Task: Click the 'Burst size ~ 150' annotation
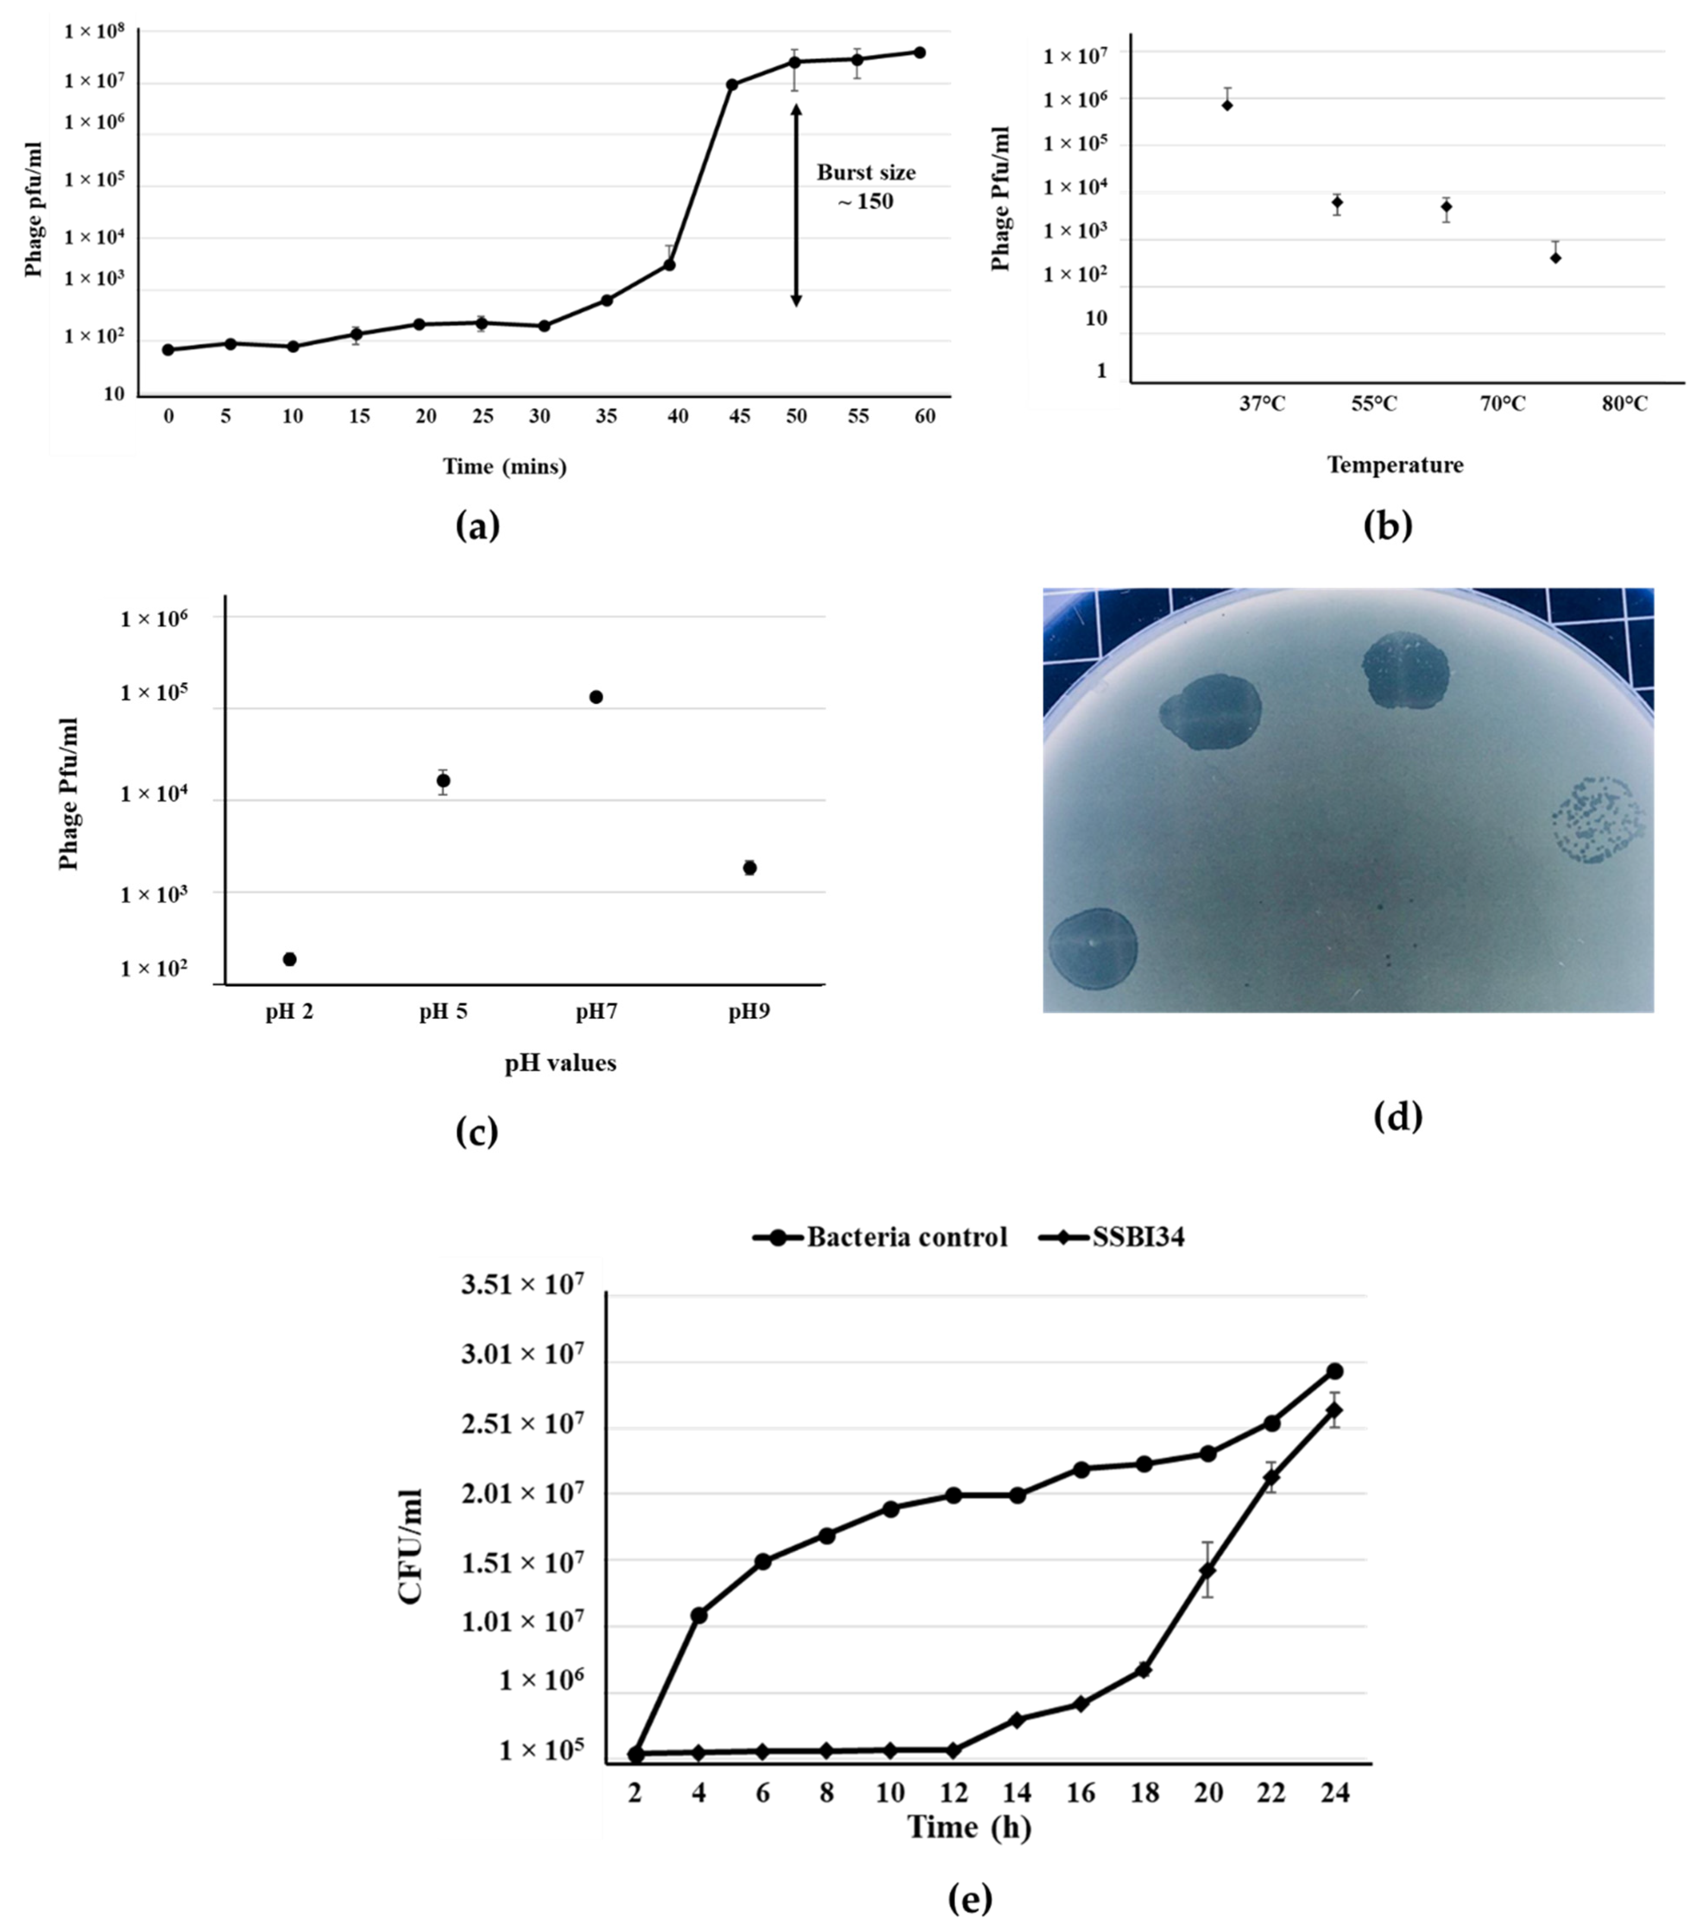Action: pyautogui.click(x=865, y=187)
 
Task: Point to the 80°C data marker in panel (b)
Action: pyautogui.click(x=1555, y=258)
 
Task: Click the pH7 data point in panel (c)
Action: pyautogui.click(x=596, y=697)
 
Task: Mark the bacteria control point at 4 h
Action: pyautogui.click(x=699, y=1615)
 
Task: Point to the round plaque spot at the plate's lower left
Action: pyautogui.click(x=1093, y=948)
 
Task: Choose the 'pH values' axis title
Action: pyautogui.click(x=561, y=1063)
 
